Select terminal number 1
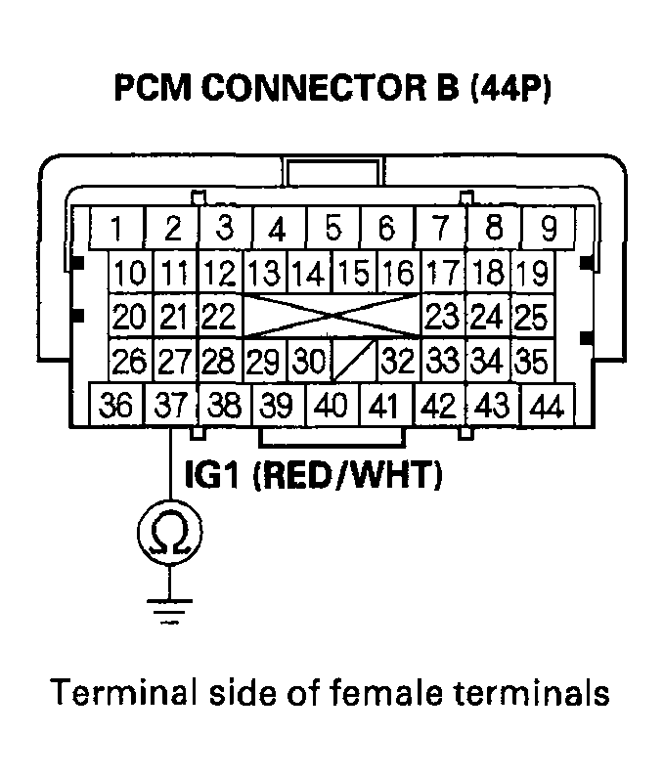116,230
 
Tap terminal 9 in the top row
549,230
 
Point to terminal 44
549,405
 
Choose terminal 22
220,317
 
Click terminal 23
443,317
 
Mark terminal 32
398,362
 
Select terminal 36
116,405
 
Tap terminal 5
332,230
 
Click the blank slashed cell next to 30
353,363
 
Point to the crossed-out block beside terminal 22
332,317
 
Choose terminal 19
531,273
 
